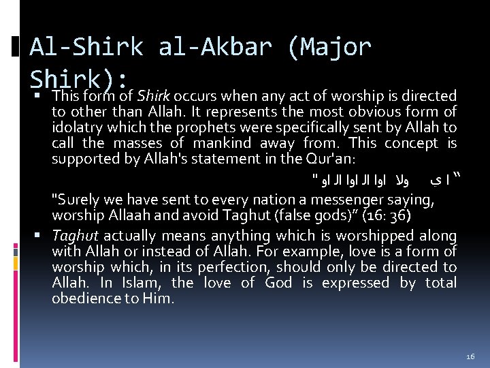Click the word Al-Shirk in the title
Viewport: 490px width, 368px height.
point(86,47)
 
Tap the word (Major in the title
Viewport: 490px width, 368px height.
point(329,47)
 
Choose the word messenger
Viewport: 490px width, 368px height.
point(355,200)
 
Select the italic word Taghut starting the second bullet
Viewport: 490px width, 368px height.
point(76,236)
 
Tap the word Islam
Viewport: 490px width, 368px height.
point(137,283)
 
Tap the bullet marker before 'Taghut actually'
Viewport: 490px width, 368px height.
point(42,236)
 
